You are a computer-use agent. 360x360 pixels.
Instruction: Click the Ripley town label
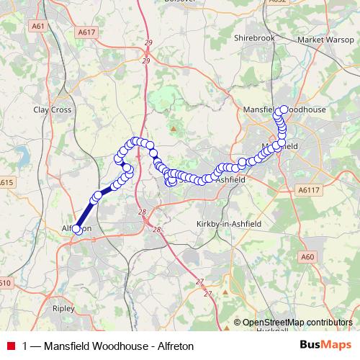coord(63,307)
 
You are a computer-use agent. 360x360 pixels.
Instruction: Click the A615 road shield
coord(6,183)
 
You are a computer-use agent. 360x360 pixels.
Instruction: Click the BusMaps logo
coord(325,345)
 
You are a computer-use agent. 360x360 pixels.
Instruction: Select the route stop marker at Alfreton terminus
coord(77,229)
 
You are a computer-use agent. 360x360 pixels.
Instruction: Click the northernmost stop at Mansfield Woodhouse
coord(284,109)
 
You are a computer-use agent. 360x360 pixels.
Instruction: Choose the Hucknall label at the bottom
coord(266,330)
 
